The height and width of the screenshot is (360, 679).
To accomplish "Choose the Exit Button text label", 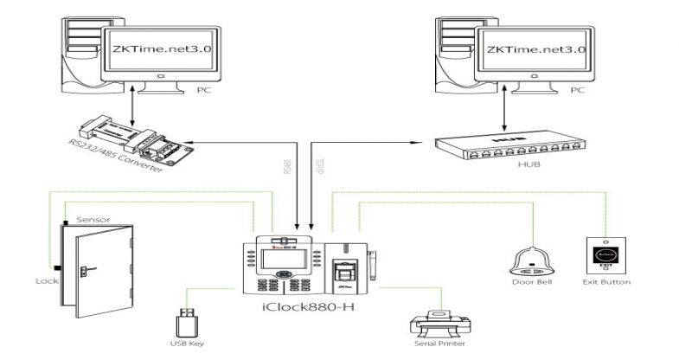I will click(606, 282).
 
